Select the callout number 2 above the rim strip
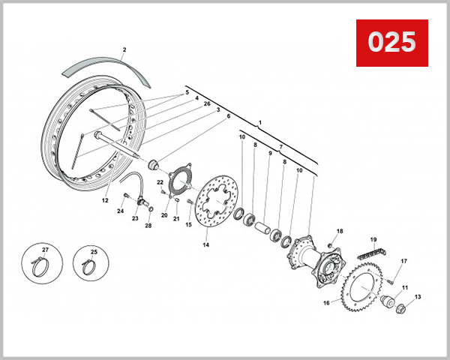(124, 50)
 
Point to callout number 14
(206, 244)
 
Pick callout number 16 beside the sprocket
(326, 303)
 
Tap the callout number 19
(371, 239)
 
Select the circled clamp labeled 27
(44, 262)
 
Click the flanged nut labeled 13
(397, 307)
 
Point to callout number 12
(105, 200)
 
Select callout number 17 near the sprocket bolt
(402, 261)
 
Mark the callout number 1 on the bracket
(259, 121)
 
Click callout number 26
(207, 103)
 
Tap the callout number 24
(120, 211)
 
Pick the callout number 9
(269, 154)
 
